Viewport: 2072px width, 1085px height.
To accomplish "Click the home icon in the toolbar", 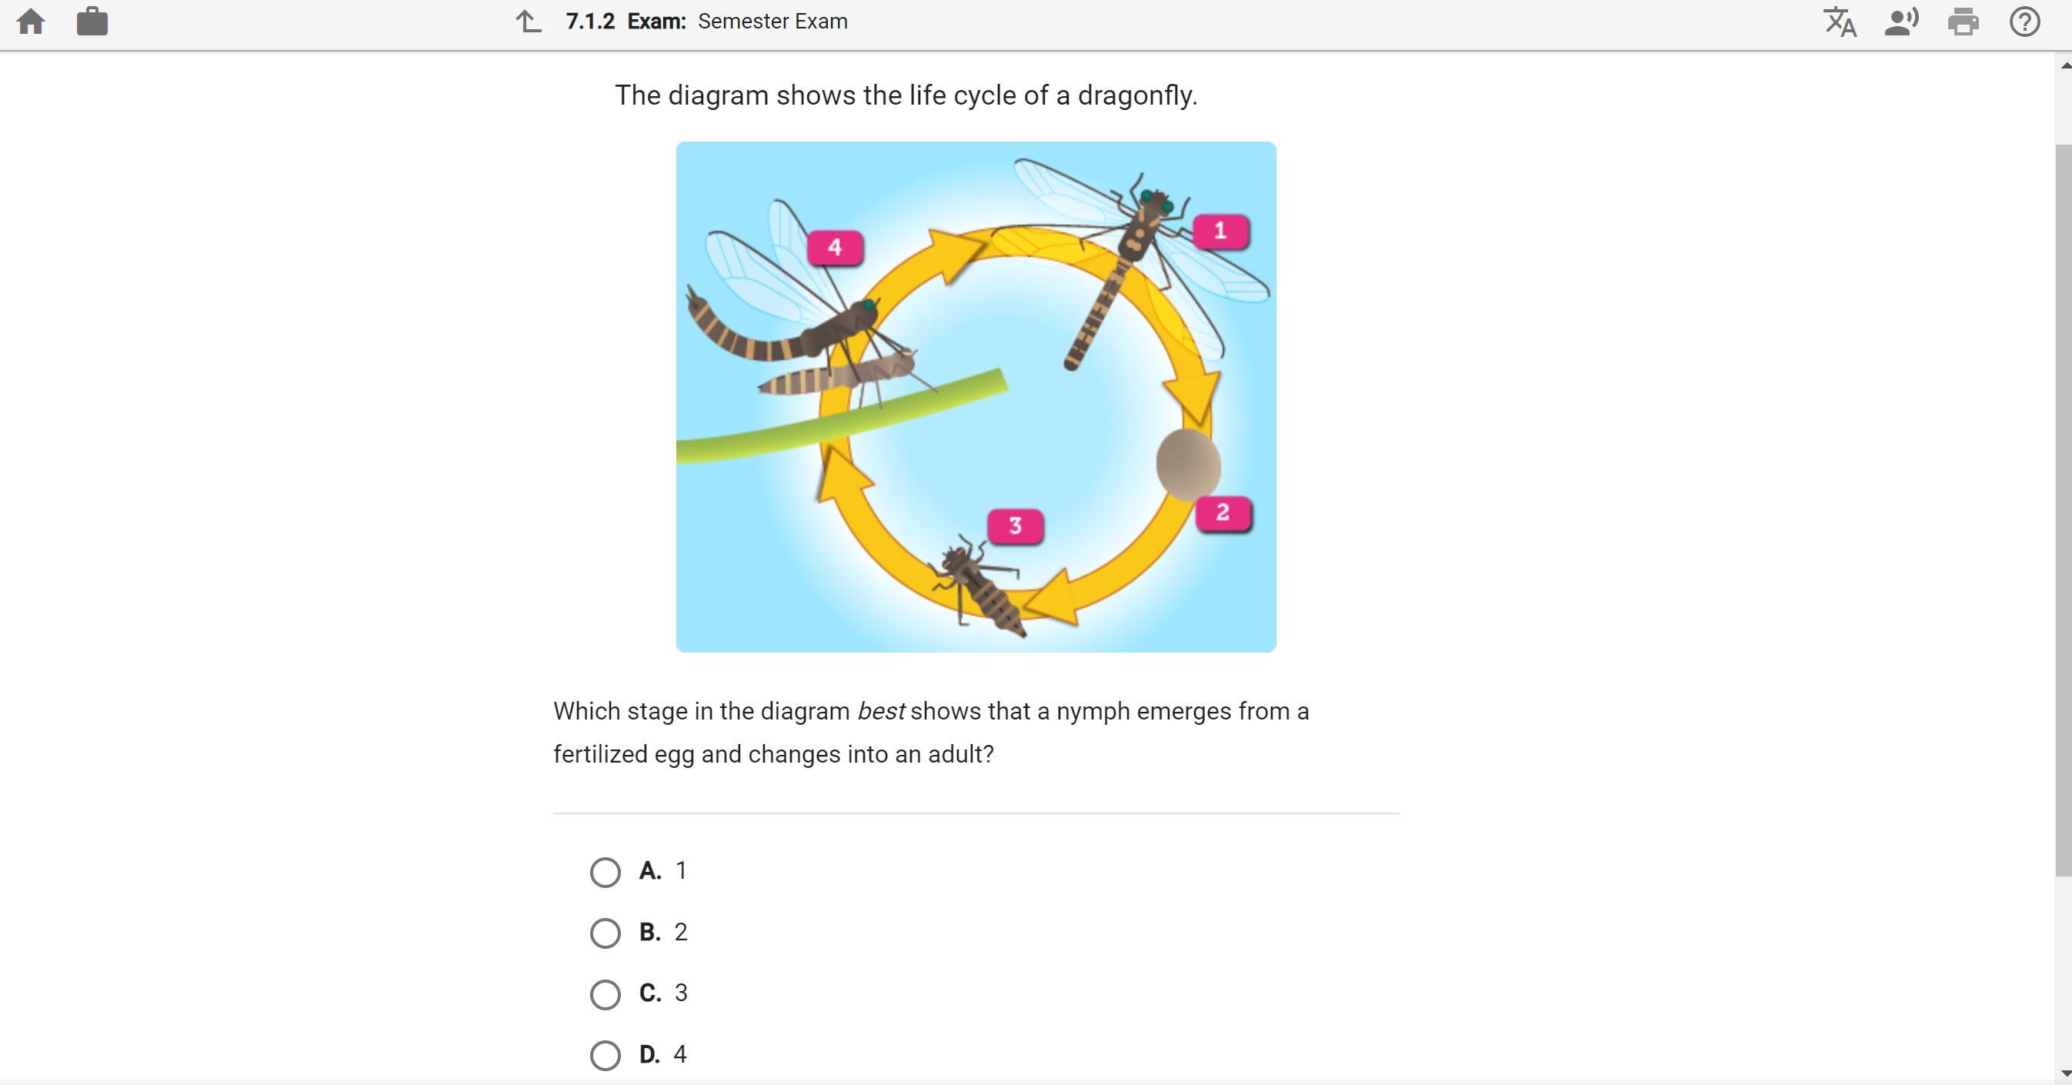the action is coord(31,22).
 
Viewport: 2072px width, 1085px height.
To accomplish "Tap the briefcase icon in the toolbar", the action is coord(92,21).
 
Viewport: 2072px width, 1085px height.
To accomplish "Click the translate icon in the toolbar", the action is coord(1840,22).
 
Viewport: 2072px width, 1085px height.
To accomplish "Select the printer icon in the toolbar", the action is coord(1963,22).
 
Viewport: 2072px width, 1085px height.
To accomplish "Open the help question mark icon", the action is coord(2024,22).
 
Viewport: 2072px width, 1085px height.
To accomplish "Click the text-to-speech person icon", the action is coord(1900,22).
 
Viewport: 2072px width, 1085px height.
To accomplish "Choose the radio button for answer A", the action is coord(605,872).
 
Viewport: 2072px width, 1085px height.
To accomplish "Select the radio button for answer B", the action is coord(605,933).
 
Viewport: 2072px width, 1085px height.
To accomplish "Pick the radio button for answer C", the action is coord(605,994).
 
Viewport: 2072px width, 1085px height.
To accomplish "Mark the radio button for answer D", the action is coord(605,1055).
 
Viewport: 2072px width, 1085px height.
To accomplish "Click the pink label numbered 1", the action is coord(1220,232).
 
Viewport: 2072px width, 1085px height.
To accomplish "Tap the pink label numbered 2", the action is coord(1223,513).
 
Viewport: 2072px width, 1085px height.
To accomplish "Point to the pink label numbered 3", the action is coord(1015,527).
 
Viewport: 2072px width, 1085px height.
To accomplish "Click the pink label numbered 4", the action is coord(835,248).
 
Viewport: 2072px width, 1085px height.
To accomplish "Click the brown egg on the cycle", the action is coord(1188,464).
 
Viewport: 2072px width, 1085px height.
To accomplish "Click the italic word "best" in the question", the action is coord(881,711).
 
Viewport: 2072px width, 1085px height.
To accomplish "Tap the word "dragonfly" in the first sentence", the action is coord(1137,95).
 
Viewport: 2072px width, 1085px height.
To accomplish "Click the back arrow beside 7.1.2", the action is coord(529,22).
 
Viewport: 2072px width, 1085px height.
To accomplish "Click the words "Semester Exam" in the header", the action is coord(773,22).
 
